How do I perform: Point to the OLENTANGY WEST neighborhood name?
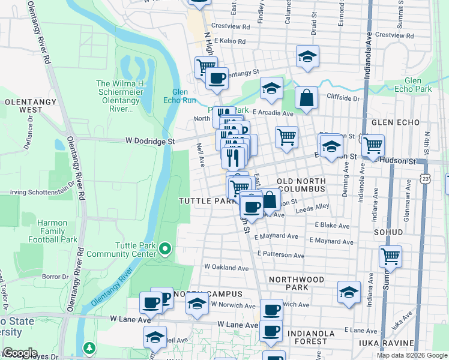pyautogui.click(x=23, y=106)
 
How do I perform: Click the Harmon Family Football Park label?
pyautogui.click(x=57, y=231)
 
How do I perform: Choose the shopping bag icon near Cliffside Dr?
pyautogui.click(x=306, y=100)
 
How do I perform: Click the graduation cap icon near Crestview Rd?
pyautogui.click(x=307, y=57)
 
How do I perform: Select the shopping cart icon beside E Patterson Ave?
pyautogui.click(x=391, y=256)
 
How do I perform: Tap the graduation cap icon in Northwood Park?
pyautogui.click(x=349, y=292)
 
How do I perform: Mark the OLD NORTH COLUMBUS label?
pyautogui.click(x=301, y=185)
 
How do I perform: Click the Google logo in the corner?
pyautogui.click(x=20, y=353)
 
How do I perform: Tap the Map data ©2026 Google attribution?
pyautogui.click(x=412, y=355)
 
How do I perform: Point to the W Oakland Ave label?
pyautogui.click(x=226, y=267)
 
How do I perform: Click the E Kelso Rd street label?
pyautogui.click(x=226, y=41)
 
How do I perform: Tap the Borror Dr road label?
pyautogui.click(x=56, y=277)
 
